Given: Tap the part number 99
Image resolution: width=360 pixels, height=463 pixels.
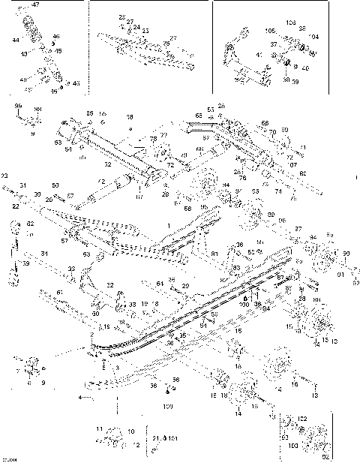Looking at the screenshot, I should pos(17,108).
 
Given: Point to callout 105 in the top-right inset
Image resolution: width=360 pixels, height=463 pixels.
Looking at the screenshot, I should pos(270,32).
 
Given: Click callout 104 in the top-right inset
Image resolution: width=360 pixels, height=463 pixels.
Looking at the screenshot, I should pos(313,36).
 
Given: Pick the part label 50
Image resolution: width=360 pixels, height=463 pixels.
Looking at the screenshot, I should pos(55,185).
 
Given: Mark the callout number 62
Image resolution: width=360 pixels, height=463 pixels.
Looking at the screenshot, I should pos(30,223).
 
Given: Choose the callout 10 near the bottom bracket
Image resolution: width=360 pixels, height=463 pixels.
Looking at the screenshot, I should pos(132,431).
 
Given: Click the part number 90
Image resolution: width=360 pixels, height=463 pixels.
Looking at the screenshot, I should pos(346,254).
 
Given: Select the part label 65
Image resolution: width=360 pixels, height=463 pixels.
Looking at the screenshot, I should pos(199,116).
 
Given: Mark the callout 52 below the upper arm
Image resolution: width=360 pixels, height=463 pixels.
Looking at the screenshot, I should pos(107,163).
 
